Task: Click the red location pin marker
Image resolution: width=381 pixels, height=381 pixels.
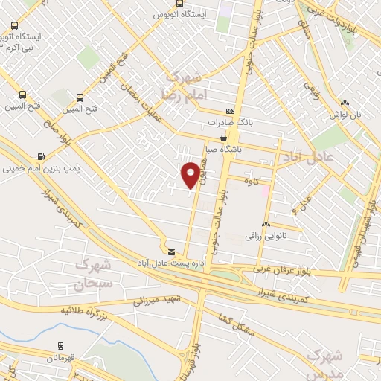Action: [x=191, y=173]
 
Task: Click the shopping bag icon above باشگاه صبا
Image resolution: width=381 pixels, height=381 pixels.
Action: [x=224, y=138]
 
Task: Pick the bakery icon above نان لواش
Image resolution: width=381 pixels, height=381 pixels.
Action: [x=345, y=103]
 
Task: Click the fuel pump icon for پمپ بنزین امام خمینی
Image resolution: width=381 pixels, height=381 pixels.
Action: [x=39, y=156]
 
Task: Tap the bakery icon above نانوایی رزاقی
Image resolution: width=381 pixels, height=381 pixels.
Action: [x=266, y=224]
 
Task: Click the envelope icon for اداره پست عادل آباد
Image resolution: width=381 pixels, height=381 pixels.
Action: [x=172, y=252]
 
